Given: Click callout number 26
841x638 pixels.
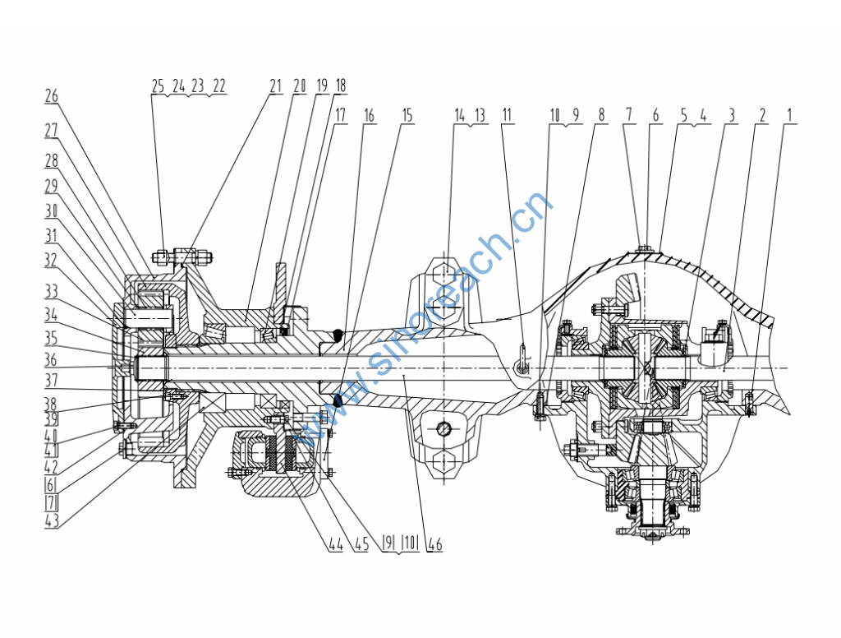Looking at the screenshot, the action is pyautogui.click(x=52, y=97).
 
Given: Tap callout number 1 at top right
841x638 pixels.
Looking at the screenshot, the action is pyautogui.click(x=789, y=115).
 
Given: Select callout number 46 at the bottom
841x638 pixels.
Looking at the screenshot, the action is pyautogui.click(x=435, y=544).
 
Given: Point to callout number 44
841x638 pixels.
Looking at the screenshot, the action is pyautogui.click(x=336, y=544).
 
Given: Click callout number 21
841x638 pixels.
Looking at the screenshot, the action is pyautogui.click(x=275, y=86).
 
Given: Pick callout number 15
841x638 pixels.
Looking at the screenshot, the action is pyautogui.click(x=407, y=115).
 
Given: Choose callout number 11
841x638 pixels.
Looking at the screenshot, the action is pyautogui.click(x=507, y=115).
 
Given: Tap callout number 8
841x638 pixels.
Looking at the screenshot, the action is pyautogui.click(x=601, y=115).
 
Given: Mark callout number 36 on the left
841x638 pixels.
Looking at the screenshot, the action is pyautogui.click(x=51, y=360).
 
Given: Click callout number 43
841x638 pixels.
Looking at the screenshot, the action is pyautogui.click(x=52, y=521).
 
